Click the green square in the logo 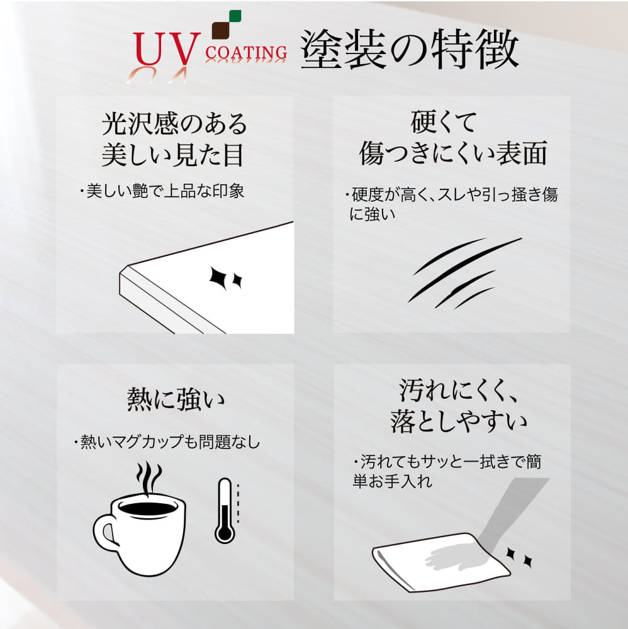tap(235, 16)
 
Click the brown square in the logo tap(220, 31)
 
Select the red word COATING tap(246, 53)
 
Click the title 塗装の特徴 tap(410, 49)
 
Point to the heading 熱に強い tap(176, 399)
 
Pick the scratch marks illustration tap(464, 273)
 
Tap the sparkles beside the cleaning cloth tap(519, 557)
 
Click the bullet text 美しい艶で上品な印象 tap(165, 191)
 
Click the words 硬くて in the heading tap(444, 122)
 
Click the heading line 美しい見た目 tap(173, 155)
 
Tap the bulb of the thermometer tap(225, 534)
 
